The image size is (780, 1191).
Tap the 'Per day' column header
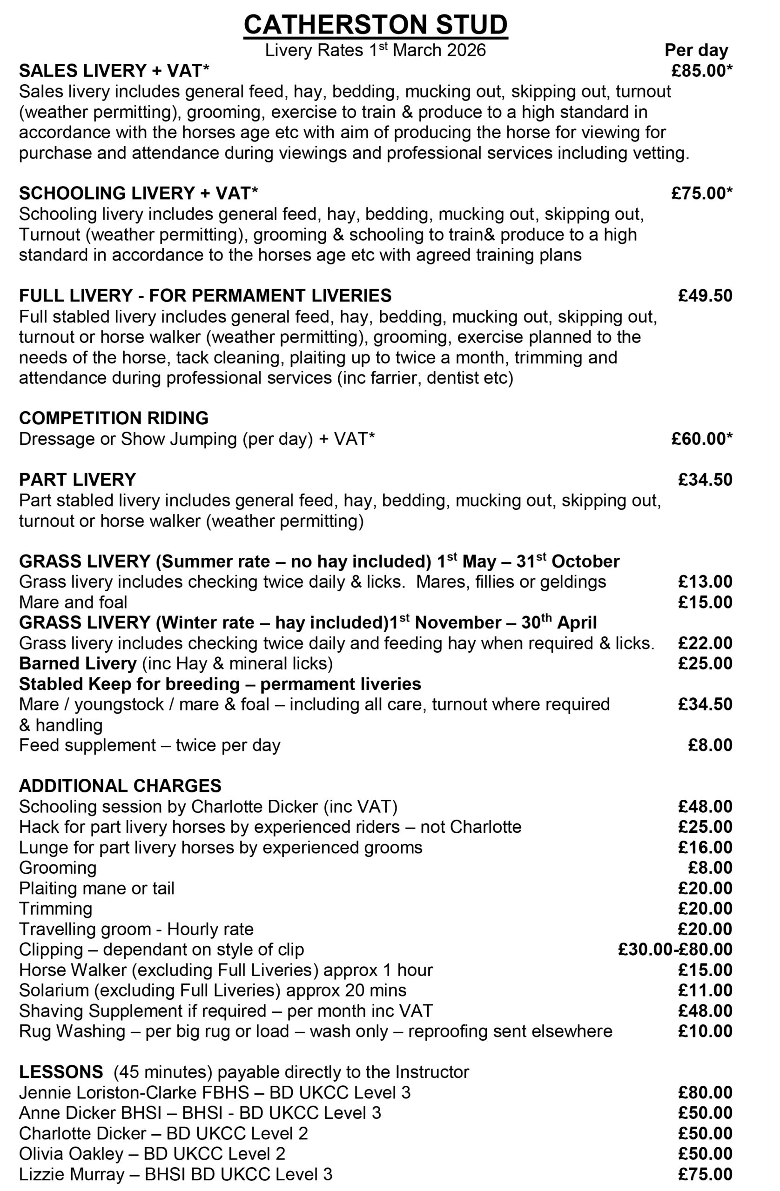(x=696, y=50)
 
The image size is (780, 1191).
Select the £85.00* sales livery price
(x=702, y=71)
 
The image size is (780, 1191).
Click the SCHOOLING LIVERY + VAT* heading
(x=139, y=193)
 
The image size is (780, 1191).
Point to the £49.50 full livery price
(x=705, y=295)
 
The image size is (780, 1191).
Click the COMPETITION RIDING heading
(x=114, y=418)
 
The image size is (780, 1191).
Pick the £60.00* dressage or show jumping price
(x=702, y=438)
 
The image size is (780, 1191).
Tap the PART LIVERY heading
(x=78, y=479)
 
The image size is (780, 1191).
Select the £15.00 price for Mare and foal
(x=705, y=602)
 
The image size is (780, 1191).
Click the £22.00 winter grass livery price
(x=705, y=643)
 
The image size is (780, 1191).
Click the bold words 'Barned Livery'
(x=78, y=663)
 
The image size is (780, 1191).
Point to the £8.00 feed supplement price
(x=710, y=745)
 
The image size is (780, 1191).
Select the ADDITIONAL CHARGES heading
(x=120, y=786)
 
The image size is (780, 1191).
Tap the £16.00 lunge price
(x=705, y=847)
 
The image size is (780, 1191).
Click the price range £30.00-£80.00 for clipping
(x=675, y=949)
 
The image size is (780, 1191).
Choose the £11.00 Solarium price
(x=705, y=990)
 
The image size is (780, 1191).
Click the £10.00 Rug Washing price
(x=705, y=1031)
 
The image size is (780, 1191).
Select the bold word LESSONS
(x=61, y=1072)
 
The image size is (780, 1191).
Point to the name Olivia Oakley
(x=71, y=1153)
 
